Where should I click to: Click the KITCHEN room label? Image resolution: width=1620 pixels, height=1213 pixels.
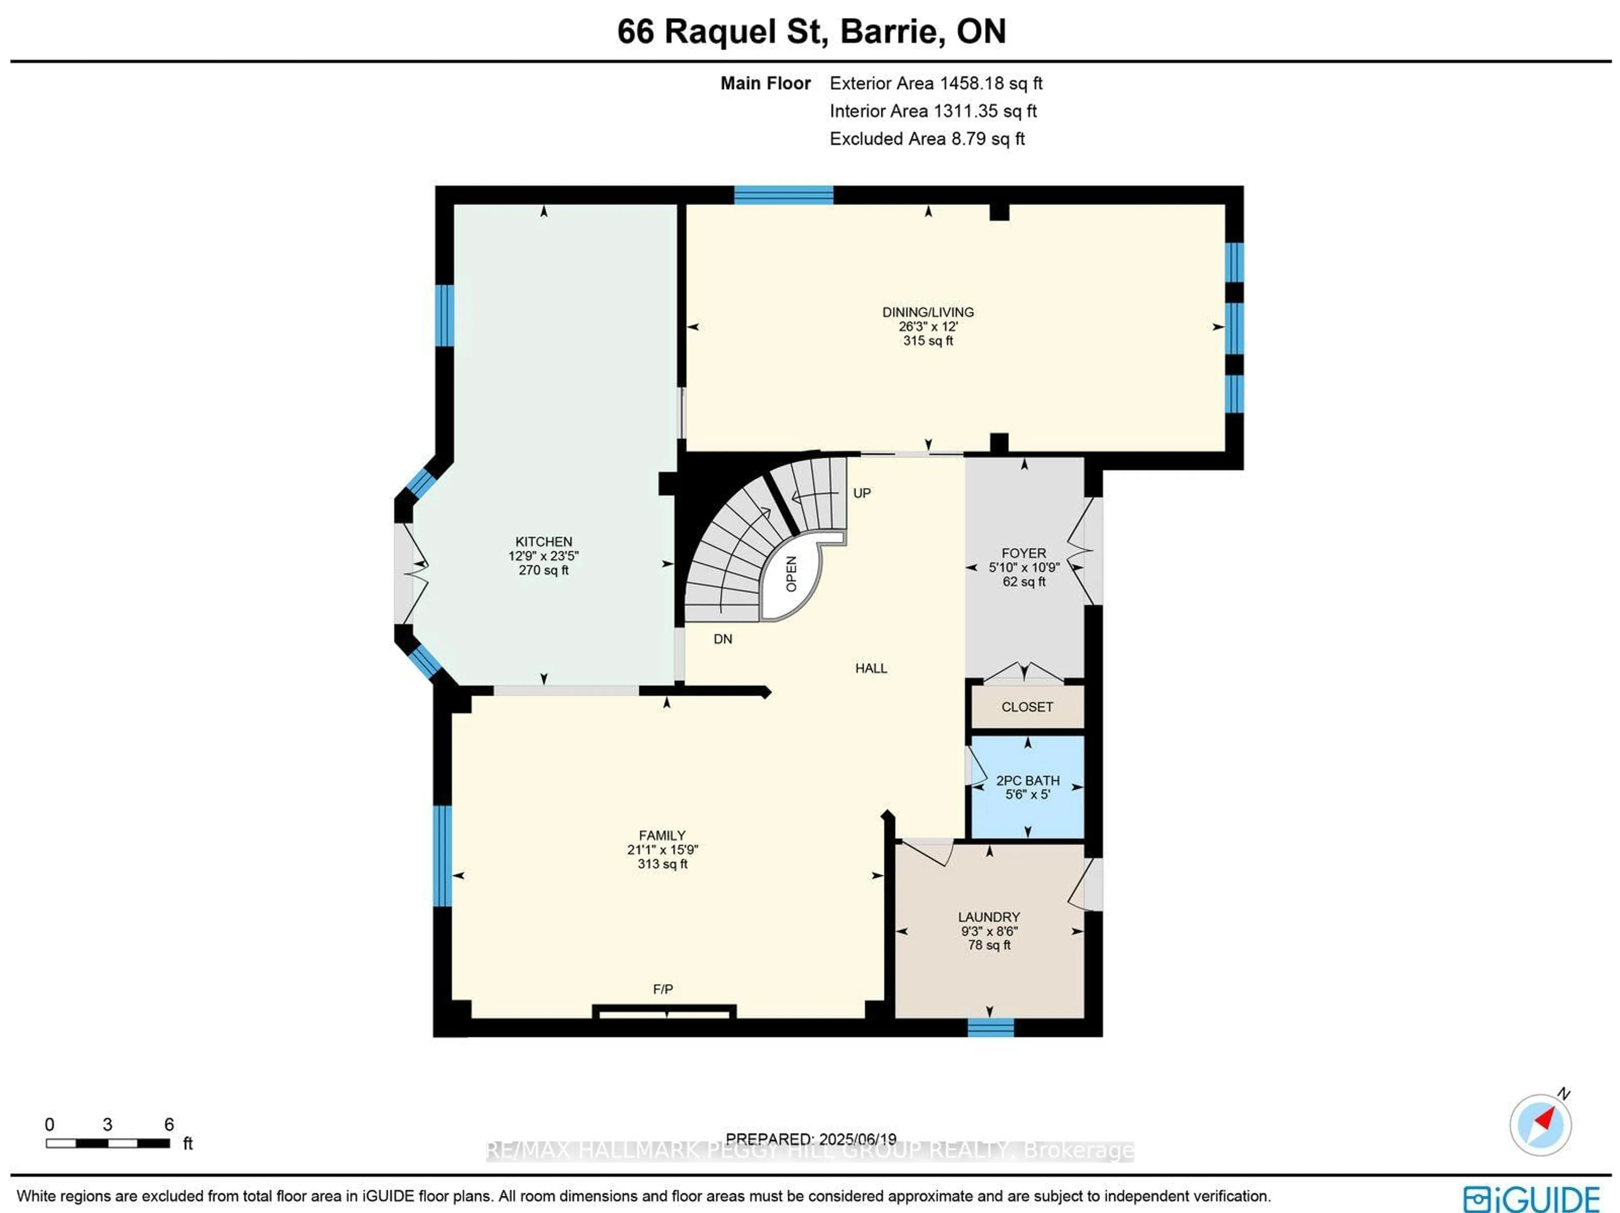coord(543,542)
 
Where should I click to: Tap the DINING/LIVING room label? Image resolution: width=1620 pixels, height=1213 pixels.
coord(928,312)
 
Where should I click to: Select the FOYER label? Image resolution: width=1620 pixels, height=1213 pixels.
coord(1024,553)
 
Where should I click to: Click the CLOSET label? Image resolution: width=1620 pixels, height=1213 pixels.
coord(1027,707)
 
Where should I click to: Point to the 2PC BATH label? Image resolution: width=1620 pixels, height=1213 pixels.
coord(1028,781)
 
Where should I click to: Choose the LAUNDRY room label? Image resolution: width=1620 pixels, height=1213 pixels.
coord(989,917)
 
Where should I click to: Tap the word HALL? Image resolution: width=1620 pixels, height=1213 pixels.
coord(871,668)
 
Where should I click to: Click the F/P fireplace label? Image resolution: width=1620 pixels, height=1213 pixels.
coord(663,989)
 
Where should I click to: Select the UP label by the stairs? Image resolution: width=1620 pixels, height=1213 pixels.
coord(862,493)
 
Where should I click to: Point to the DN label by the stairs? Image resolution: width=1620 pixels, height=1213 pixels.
coord(723,639)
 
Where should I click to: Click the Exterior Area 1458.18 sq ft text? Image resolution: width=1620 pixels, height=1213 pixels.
coord(935,84)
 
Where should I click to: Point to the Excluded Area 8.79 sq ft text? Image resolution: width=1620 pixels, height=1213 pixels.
coord(926,139)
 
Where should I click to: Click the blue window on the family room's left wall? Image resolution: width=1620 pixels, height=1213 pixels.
coord(443,856)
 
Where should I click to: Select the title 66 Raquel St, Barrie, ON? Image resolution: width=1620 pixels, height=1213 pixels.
coord(811,32)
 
